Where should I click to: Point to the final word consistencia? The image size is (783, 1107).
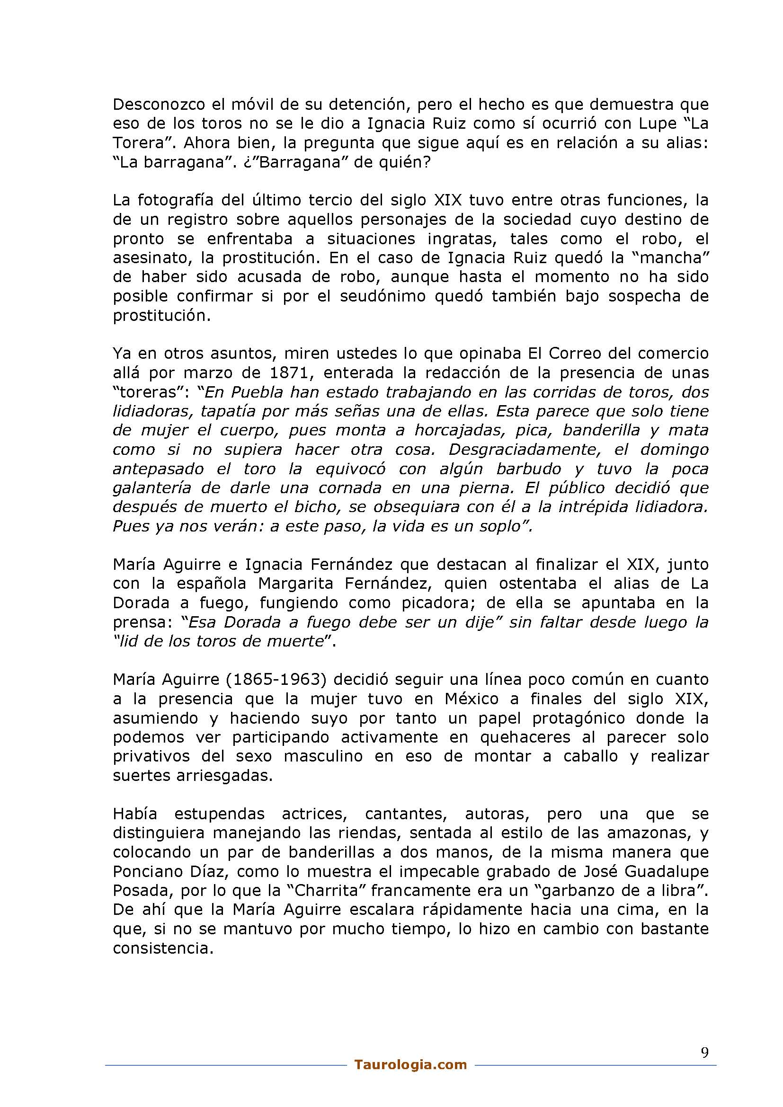click(163, 948)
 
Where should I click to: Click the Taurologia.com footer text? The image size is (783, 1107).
click(410, 1064)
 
